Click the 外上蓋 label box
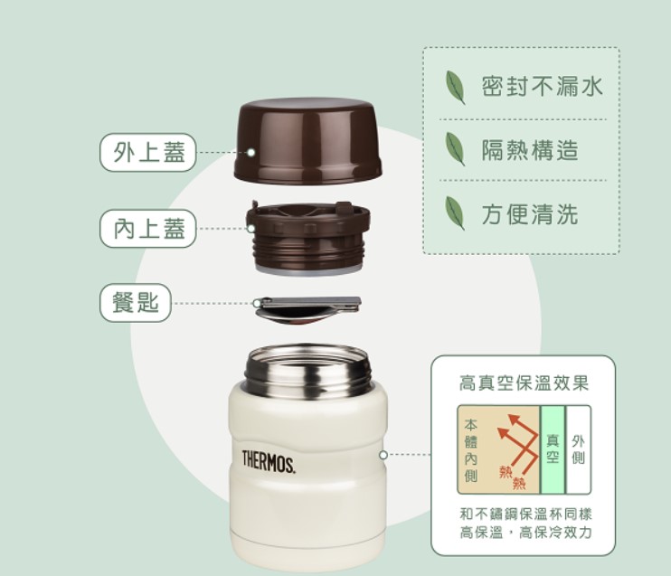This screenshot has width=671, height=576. (x=148, y=153)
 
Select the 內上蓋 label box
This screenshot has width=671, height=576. (x=148, y=228)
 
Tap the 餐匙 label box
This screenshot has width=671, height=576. (x=136, y=303)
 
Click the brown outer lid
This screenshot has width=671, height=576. (x=307, y=140)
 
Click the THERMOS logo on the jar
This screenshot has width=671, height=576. (x=268, y=460)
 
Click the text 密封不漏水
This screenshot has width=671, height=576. (x=541, y=86)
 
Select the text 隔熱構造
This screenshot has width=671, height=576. (x=529, y=150)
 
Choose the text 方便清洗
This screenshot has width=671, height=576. (x=529, y=214)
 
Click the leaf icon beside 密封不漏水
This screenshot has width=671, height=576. (x=455, y=87)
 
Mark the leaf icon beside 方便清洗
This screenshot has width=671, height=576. (x=455, y=214)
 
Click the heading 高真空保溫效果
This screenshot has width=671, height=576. (x=524, y=383)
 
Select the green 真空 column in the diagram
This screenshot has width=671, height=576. (x=553, y=449)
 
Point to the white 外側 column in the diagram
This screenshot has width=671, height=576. (x=578, y=449)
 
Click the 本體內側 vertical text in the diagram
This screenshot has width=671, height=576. (x=470, y=449)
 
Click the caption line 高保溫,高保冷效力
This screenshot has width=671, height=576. (x=525, y=533)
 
